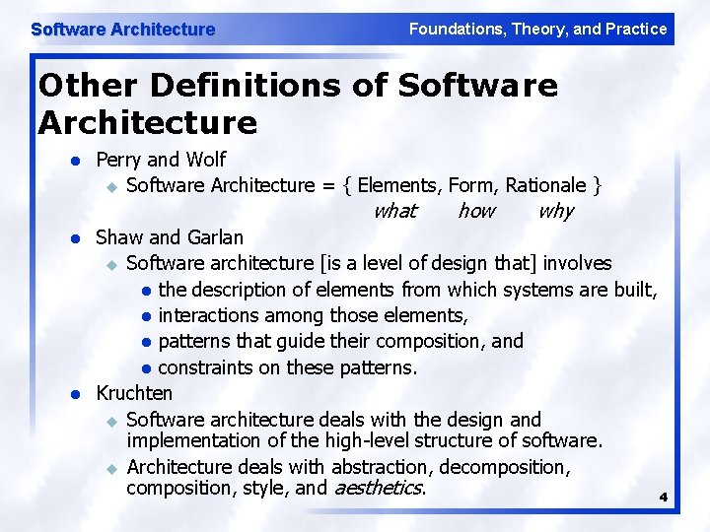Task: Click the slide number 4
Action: pos(663,498)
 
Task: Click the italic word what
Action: pos(394,211)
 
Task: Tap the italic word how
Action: pos(476,211)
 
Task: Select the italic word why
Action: pos(555,211)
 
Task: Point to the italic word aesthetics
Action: pos(379,488)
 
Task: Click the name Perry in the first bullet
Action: pos(117,160)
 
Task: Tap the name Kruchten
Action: pos(134,393)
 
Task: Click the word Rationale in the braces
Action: pos(545,185)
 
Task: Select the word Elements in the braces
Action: pos(398,185)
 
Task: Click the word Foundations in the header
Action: pos(457,30)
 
